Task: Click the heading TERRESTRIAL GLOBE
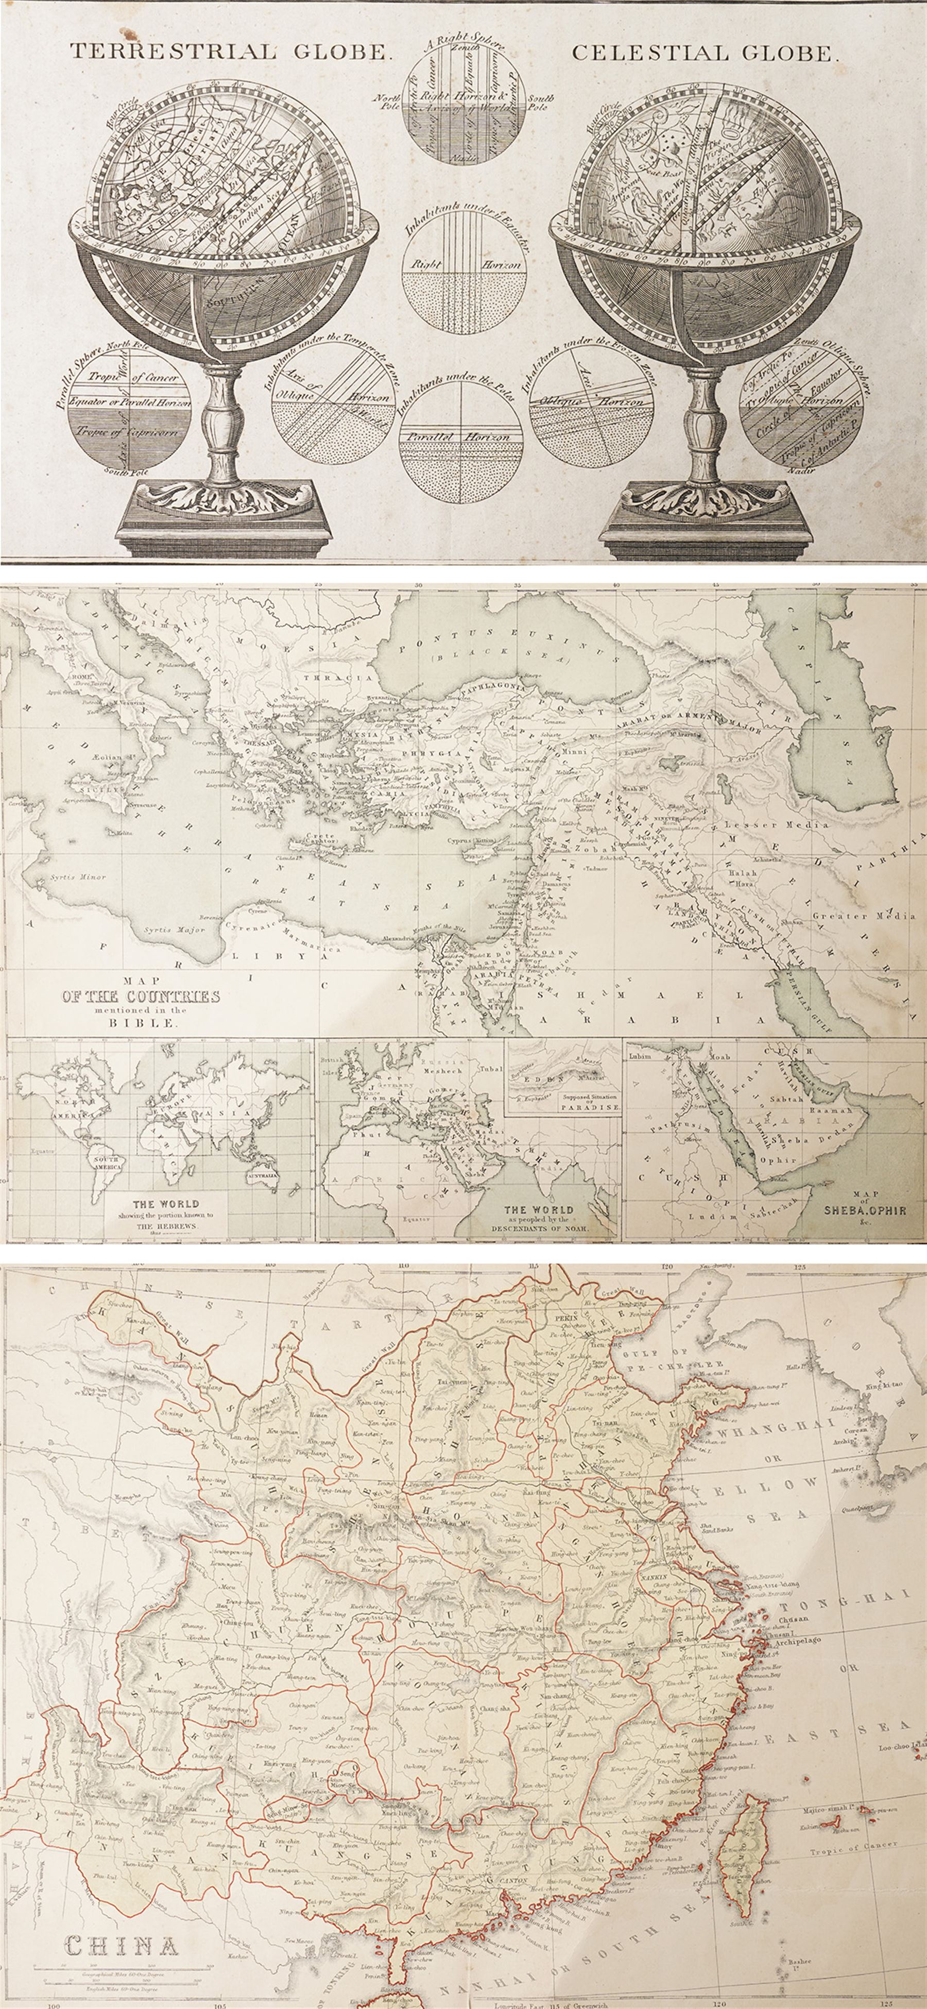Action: [229, 52]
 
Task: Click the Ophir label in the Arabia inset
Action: [778, 1160]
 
